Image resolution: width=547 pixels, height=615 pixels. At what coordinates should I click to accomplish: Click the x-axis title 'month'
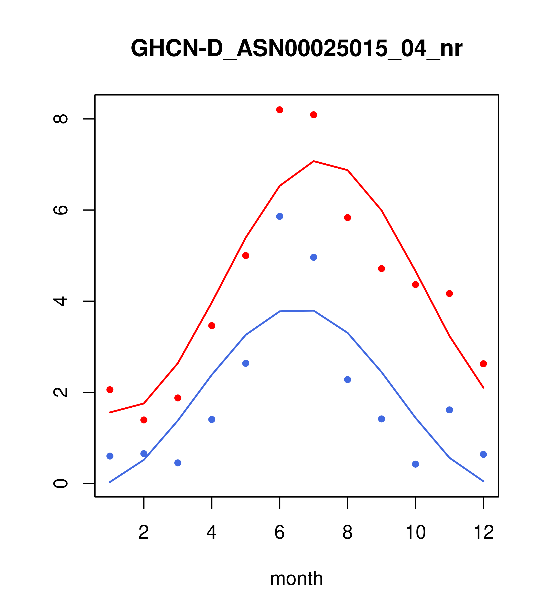[296, 578]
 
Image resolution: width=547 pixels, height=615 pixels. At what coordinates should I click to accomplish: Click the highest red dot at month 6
[280, 110]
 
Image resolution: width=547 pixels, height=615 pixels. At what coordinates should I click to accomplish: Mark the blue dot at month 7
[314, 257]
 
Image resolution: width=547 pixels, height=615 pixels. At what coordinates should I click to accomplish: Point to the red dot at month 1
[110, 390]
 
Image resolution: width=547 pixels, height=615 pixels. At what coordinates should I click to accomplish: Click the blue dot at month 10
[415, 464]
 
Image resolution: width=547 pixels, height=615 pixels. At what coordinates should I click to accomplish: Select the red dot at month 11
[450, 294]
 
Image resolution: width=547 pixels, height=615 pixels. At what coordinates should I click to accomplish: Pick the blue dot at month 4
[212, 419]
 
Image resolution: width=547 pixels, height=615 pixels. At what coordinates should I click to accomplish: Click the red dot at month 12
[483, 364]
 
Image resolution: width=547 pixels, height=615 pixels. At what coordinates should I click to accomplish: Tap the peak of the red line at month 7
[314, 161]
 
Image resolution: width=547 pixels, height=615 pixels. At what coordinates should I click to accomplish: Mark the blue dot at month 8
[348, 380]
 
